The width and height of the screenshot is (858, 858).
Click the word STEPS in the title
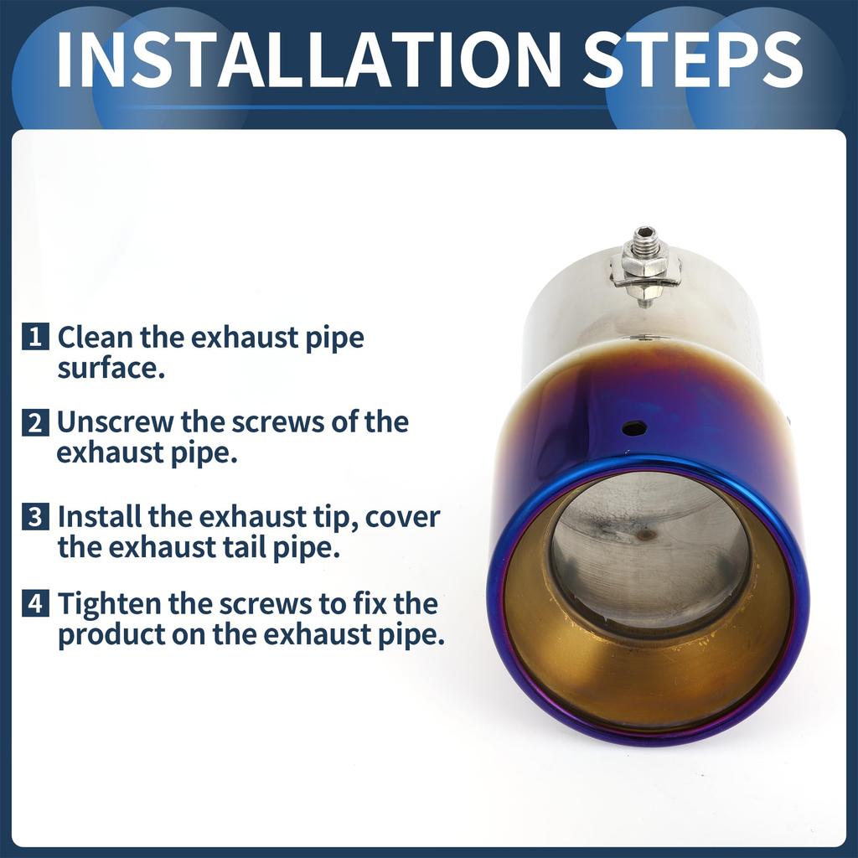(x=693, y=59)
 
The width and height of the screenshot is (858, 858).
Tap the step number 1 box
(x=35, y=336)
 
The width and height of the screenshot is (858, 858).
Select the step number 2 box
(x=35, y=422)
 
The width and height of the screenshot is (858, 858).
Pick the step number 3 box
(x=35, y=516)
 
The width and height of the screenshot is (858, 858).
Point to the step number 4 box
(x=35, y=603)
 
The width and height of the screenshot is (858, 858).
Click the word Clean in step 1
(x=96, y=337)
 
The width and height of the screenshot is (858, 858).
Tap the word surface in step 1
(x=111, y=369)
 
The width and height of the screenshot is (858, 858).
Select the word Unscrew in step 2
(x=115, y=422)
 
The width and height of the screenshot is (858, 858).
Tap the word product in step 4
(x=111, y=635)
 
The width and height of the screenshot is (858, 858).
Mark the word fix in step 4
(x=370, y=603)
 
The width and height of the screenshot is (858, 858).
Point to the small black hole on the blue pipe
(x=635, y=428)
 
